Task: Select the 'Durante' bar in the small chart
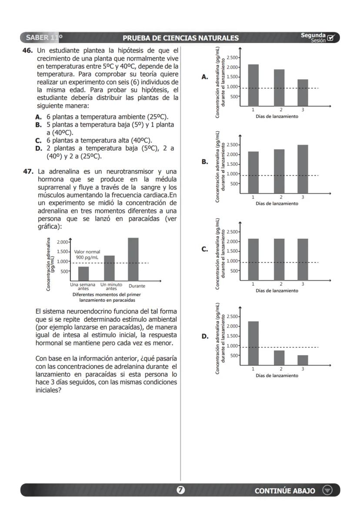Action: pos(133,259)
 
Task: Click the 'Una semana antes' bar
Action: pos(83,274)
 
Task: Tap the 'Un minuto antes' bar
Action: pos(109,268)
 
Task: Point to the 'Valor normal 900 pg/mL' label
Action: pos(87,255)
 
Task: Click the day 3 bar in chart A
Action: pos(303,92)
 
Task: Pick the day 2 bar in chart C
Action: pos(279,259)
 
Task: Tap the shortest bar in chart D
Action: pos(303,360)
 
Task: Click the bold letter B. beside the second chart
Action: pos(205,162)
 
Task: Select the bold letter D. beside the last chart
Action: pos(205,336)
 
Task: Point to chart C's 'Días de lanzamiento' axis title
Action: pos(277,290)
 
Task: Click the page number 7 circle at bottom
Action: pos(180,490)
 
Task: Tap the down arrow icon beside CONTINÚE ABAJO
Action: pos(327,490)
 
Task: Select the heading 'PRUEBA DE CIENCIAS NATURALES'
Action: pos(180,38)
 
